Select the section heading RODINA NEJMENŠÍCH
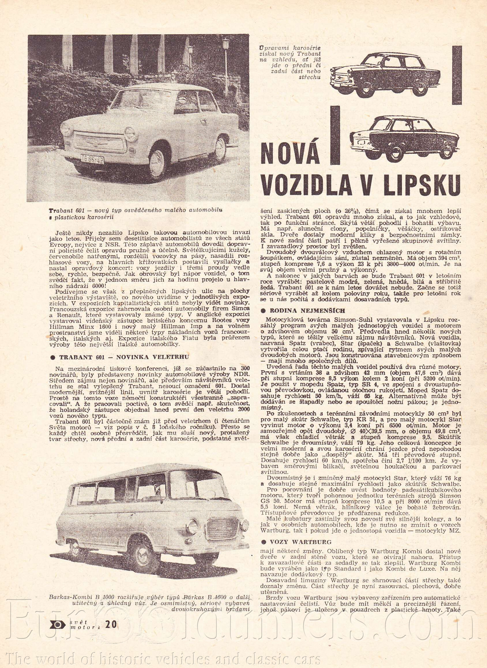tap(306, 310)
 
